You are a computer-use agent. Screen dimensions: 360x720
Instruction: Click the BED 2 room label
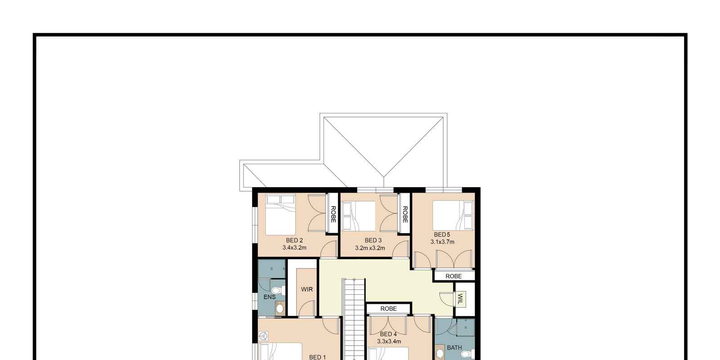294,240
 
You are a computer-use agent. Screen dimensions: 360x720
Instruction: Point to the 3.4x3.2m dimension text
294,247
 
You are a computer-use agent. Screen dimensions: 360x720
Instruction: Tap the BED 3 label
373,240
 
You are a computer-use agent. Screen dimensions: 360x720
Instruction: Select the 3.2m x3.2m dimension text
370,248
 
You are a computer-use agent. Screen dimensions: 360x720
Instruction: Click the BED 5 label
442,234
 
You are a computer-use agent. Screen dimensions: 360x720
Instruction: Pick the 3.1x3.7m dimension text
442,242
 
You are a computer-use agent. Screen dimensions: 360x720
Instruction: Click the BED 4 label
388,334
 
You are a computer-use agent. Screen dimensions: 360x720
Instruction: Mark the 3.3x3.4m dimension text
389,342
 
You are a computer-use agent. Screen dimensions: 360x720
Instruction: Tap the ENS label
270,297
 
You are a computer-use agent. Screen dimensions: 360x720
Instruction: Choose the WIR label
307,289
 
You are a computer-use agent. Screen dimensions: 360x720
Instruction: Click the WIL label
460,299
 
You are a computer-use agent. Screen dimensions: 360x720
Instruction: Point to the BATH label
454,347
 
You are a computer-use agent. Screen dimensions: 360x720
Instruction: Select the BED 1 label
317,357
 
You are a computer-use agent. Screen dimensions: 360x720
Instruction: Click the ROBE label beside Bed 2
333,214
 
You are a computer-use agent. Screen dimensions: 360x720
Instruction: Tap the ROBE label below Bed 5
454,276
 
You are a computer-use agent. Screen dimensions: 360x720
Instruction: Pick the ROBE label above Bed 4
388,309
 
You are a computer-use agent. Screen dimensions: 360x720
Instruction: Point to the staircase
354,319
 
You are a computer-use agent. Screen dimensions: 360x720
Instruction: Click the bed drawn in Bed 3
359,216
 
